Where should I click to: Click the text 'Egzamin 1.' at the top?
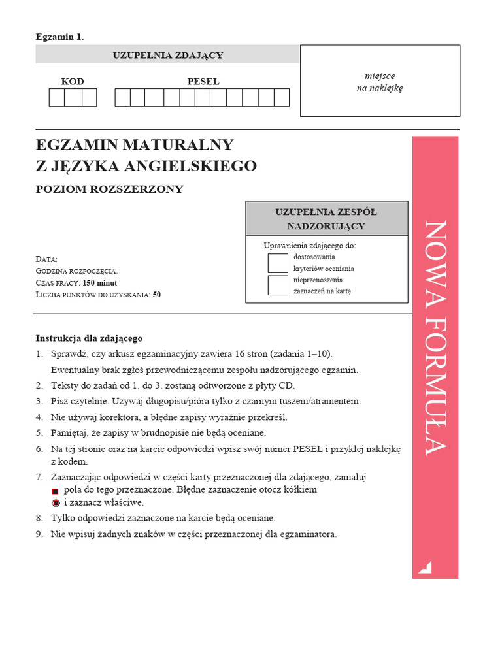pos(59,37)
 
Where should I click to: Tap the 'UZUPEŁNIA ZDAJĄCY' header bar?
pos(168,55)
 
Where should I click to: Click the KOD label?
pos(73,82)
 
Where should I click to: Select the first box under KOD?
pos(57,97)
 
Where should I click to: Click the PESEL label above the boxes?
pos(203,82)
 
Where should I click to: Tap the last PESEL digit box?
pos(282,97)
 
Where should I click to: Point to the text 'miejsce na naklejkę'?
pos(380,82)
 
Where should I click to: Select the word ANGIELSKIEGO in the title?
pos(192,167)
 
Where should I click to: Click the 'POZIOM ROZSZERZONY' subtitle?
pos(110,189)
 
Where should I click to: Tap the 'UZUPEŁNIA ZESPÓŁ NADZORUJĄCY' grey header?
pos(327,219)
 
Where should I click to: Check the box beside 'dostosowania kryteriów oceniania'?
pos(278,263)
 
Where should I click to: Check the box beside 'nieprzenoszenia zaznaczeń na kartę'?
pos(278,285)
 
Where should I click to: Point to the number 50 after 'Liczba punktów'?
pos(157,295)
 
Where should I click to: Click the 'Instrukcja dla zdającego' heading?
pos(89,338)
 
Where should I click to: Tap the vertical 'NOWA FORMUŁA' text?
pos(435,337)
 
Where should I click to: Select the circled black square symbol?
pos(56,503)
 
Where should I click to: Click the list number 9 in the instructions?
pos(39,534)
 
